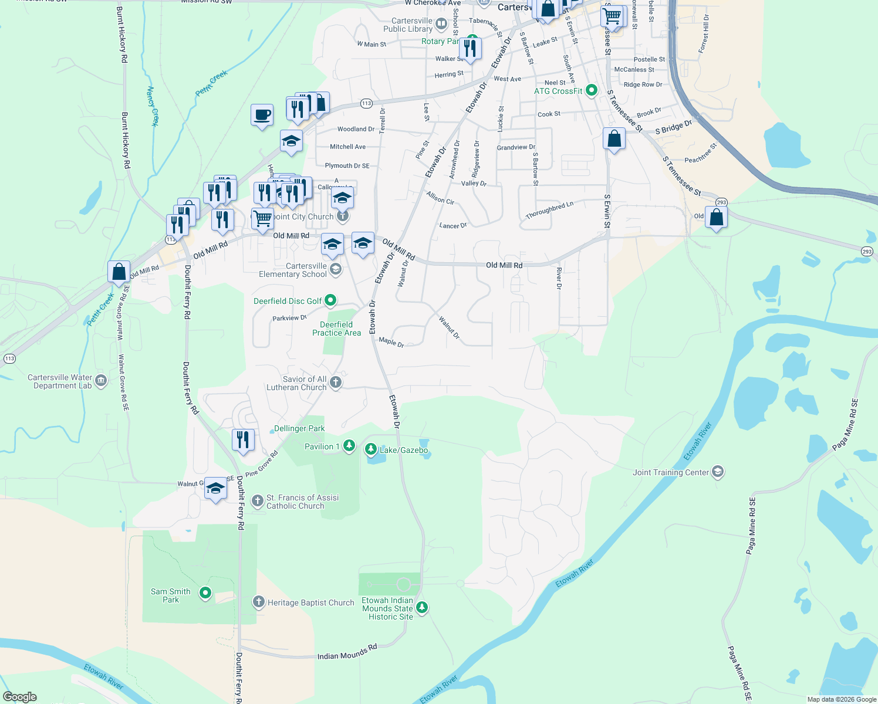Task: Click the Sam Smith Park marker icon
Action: pos(205,593)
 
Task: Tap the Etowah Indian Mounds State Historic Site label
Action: pos(387,608)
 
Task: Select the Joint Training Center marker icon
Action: pos(717,472)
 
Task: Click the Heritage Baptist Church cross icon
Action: pos(258,602)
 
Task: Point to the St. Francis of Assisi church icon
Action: pos(257,501)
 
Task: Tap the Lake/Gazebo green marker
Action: pos(371,450)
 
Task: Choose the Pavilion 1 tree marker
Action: pos(349,446)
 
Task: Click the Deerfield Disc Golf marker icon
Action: pos(330,300)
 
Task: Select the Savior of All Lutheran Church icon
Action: pos(336,383)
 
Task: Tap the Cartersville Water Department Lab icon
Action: pos(101,381)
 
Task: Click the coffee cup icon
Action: pos(262,114)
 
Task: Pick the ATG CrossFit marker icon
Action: pos(592,90)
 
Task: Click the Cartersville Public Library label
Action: pos(408,25)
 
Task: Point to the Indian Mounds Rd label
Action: pos(347,652)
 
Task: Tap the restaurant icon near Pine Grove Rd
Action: pos(243,439)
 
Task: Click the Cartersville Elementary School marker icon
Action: pos(336,269)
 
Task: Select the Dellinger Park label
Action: pos(299,428)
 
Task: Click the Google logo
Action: pos(20,696)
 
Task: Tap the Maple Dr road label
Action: pos(391,341)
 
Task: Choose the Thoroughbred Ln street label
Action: pos(549,211)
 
